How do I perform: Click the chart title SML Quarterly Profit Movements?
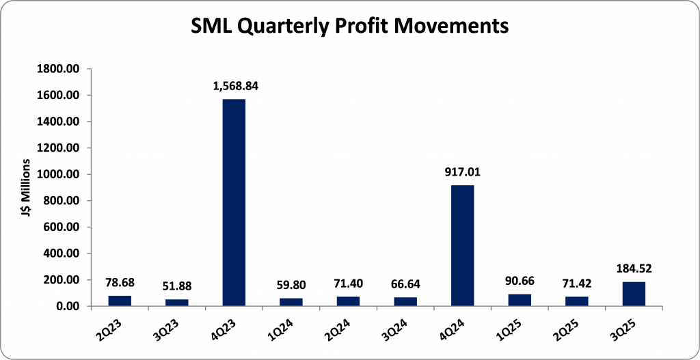349,26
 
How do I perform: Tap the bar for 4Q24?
463,245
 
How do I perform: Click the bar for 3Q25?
634,294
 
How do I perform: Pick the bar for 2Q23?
120,301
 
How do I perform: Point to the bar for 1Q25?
520,300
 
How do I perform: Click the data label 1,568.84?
234,87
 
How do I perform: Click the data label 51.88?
177,286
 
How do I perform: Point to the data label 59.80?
291,286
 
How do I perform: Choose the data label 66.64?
405,285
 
